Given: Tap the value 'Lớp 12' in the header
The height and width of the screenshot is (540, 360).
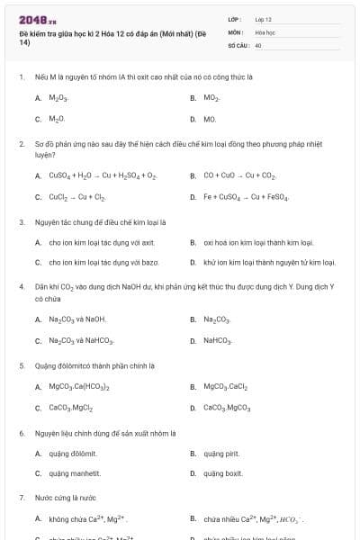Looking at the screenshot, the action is coord(263,19).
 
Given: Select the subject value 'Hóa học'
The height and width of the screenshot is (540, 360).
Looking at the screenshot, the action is coord(265,31).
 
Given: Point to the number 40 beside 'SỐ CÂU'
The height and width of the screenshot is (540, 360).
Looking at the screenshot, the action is coord(258,44).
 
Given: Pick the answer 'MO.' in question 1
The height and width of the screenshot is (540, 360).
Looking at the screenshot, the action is coord(210,119).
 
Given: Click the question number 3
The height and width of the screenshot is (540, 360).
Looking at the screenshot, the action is coord(22,221).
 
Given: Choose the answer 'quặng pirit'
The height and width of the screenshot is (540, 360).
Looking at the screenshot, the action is coord(220,454).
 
